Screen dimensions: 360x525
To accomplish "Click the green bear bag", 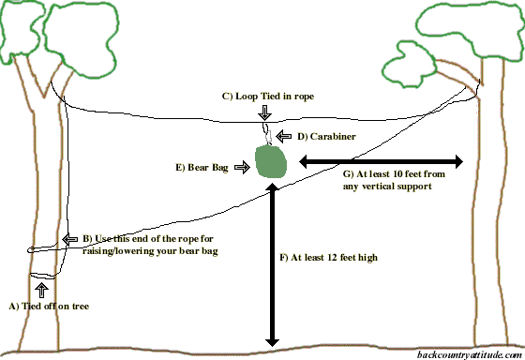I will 271,163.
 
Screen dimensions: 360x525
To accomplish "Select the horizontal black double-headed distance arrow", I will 381,161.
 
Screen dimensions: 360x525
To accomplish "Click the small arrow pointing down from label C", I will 264,112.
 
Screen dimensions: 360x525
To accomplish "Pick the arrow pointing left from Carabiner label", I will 290,137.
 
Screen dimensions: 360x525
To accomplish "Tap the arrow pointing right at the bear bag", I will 240,167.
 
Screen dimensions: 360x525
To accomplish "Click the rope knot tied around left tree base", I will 40,277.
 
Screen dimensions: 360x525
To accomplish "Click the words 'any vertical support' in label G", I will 387,187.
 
